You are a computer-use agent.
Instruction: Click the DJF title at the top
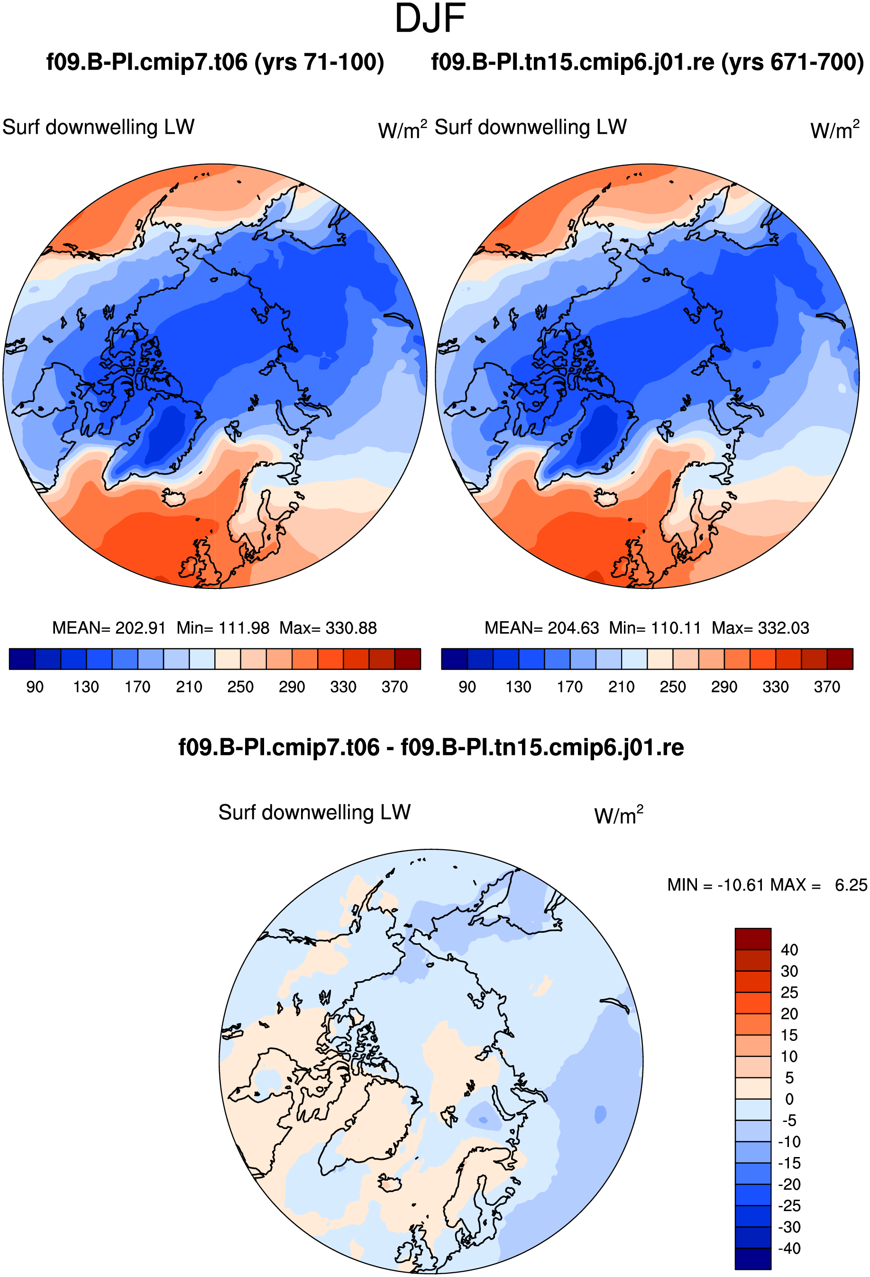(430, 18)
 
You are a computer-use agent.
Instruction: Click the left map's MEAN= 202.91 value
(109, 628)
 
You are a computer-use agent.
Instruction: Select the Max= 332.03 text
(760, 628)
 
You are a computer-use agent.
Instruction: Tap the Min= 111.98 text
(223, 628)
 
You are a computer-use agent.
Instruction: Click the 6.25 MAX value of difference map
(851, 885)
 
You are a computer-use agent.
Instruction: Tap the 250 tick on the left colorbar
(240, 687)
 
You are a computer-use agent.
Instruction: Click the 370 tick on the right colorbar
(827, 687)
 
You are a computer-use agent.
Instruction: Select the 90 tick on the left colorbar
(35, 687)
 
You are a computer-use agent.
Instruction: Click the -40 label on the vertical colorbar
(789, 1249)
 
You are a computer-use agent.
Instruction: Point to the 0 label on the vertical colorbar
(789, 1099)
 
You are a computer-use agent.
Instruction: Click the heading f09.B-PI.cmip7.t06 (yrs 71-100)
(215, 62)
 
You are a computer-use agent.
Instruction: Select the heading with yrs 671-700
(648, 62)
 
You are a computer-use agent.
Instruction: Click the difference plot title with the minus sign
(431, 747)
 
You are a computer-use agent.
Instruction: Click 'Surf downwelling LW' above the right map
(531, 128)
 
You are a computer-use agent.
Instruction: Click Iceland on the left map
(174, 498)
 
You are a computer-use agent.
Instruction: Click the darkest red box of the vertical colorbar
(753, 939)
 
